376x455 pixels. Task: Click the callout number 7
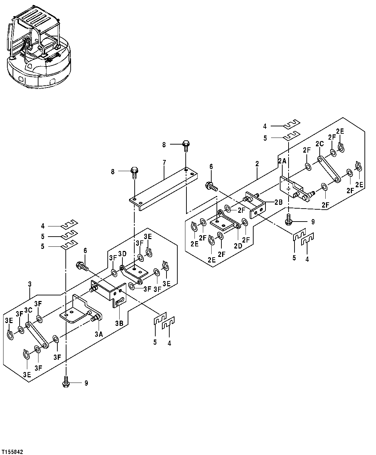(164, 162)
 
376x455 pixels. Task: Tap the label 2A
(282, 161)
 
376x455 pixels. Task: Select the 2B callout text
(278, 202)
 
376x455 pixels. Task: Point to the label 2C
(319, 144)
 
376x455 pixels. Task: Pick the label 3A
(99, 334)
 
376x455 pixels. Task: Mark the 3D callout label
(122, 253)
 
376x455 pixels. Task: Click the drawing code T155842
(12, 452)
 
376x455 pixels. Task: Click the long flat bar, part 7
(164, 187)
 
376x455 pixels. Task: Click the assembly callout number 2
(257, 163)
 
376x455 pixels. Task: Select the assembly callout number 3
(30, 285)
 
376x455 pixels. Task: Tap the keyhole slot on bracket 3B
(120, 300)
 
